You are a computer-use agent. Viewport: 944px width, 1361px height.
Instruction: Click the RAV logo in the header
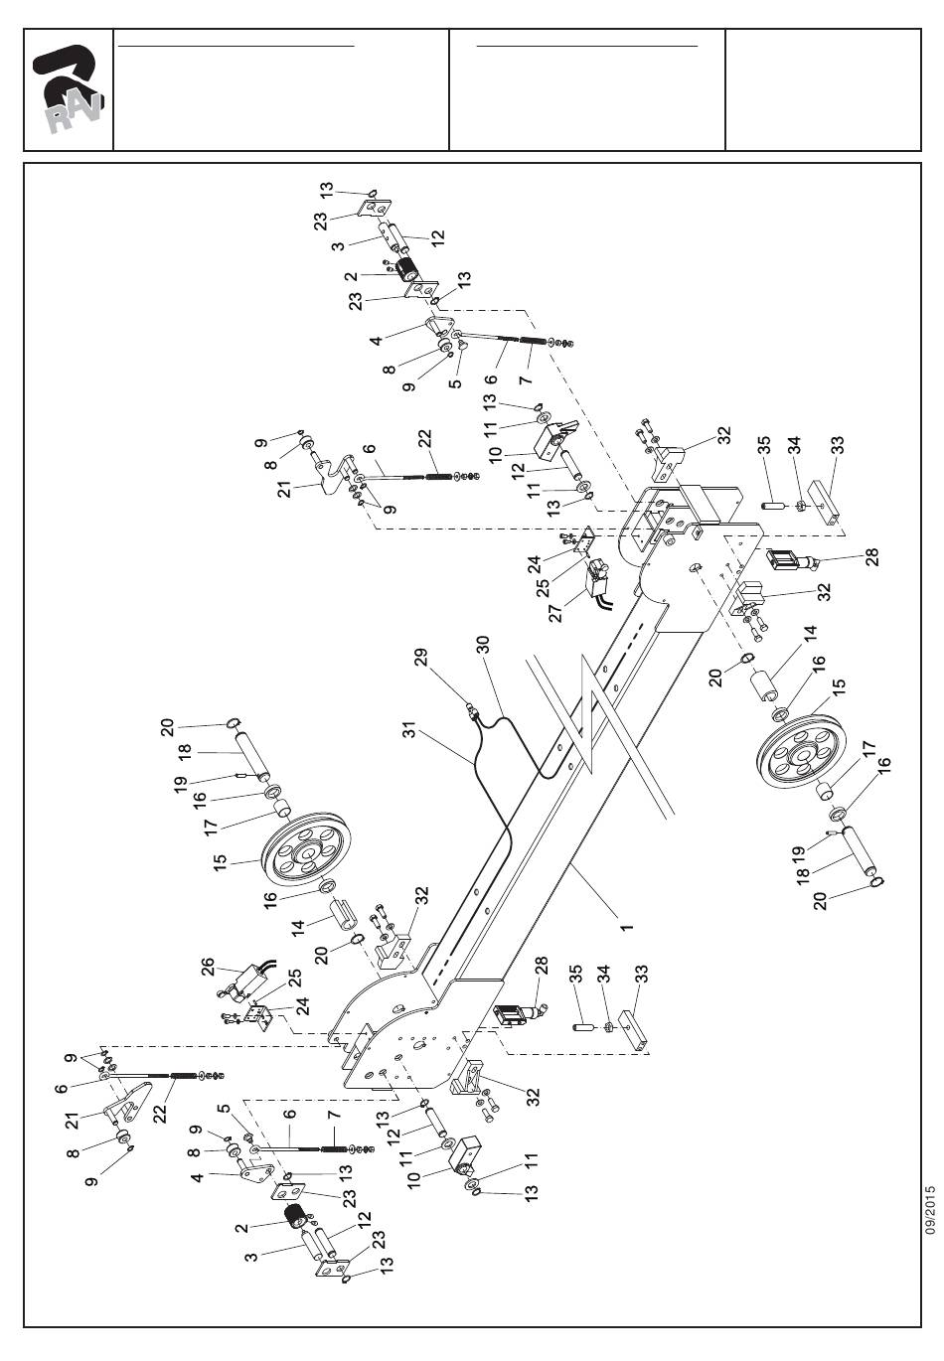pyautogui.click(x=68, y=89)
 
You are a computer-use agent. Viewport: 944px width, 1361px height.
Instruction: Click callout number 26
pyautogui.click(x=208, y=967)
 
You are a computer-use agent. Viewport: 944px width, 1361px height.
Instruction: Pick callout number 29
pyautogui.click(x=421, y=657)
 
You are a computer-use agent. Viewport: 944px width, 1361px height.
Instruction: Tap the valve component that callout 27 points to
pyautogui.click(x=597, y=577)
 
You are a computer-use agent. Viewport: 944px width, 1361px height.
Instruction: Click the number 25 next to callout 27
pyautogui.click(x=544, y=588)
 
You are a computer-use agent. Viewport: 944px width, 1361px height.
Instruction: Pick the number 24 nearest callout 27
pyautogui.click(x=534, y=564)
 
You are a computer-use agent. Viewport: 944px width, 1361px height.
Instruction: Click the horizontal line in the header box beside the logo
pyautogui.click(x=236, y=46)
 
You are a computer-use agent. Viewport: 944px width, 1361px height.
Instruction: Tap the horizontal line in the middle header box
pyautogui.click(x=586, y=46)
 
